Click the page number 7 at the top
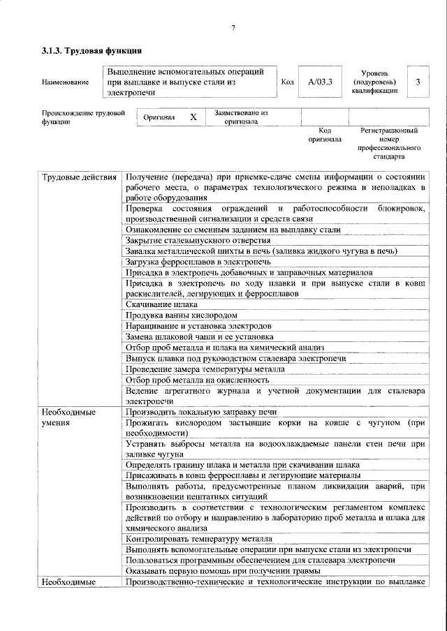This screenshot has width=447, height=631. click(234, 28)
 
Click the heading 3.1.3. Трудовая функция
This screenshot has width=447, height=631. click(92, 51)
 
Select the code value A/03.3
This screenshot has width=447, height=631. click(320, 82)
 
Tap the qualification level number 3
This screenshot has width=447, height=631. click(418, 82)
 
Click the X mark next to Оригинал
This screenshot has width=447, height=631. click(193, 118)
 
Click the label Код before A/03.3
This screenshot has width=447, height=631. click(286, 82)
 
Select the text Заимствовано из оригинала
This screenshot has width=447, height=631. click(241, 117)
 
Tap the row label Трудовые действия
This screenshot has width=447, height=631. click(79, 177)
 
